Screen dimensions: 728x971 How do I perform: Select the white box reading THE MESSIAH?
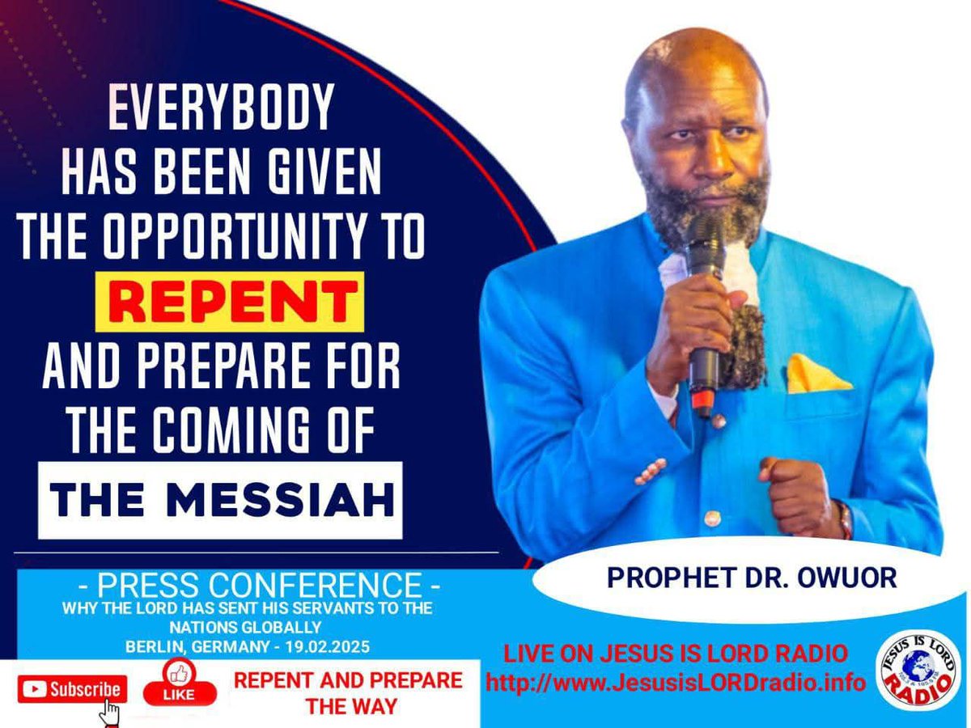(x=220, y=500)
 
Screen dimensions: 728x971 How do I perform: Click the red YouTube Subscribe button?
(x=73, y=689)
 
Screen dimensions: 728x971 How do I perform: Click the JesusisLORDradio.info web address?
(x=676, y=682)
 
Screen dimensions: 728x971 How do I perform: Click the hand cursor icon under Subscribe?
(x=110, y=712)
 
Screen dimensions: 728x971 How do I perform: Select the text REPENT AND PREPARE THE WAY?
(x=348, y=692)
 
